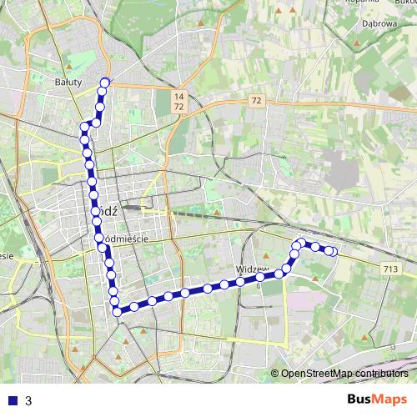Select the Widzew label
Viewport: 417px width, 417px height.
251,270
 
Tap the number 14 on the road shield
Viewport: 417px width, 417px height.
178,98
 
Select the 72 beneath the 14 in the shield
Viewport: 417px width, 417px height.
178,108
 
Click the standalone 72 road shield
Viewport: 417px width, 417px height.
255,101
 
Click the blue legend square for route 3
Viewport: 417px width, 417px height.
13,400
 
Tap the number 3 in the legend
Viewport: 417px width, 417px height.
28,400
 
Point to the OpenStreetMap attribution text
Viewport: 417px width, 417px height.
344,374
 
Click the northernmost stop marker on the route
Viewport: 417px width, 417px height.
105,82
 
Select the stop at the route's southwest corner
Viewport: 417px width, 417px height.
117,311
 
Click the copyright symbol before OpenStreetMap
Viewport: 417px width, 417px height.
274,374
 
